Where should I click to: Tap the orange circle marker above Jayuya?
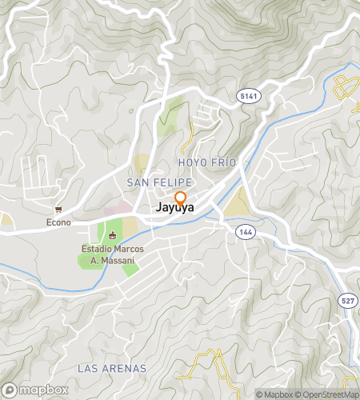pyautogui.click(x=180, y=198)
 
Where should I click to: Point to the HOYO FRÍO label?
pyautogui.click(x=208, y=162)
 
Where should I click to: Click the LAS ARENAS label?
pyautogui.click(x=112, y=368)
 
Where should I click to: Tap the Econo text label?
pyautogui.click(x=58, y=222)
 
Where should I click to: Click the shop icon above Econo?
pyautogui.click(x=58, y=210)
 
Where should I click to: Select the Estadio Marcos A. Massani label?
pyautogui.click(x=112, y=255)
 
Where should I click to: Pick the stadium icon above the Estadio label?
pyautogui.click(x=112, y=235)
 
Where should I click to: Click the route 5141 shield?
pyautogui.click(x=248, y=95)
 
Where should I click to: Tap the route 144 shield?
pyautogui.click(x=244, y=230)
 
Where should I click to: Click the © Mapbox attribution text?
pyautogui.click(x=274, y=394)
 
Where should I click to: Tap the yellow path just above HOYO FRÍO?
pyautogui.click(x=190, y=142)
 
